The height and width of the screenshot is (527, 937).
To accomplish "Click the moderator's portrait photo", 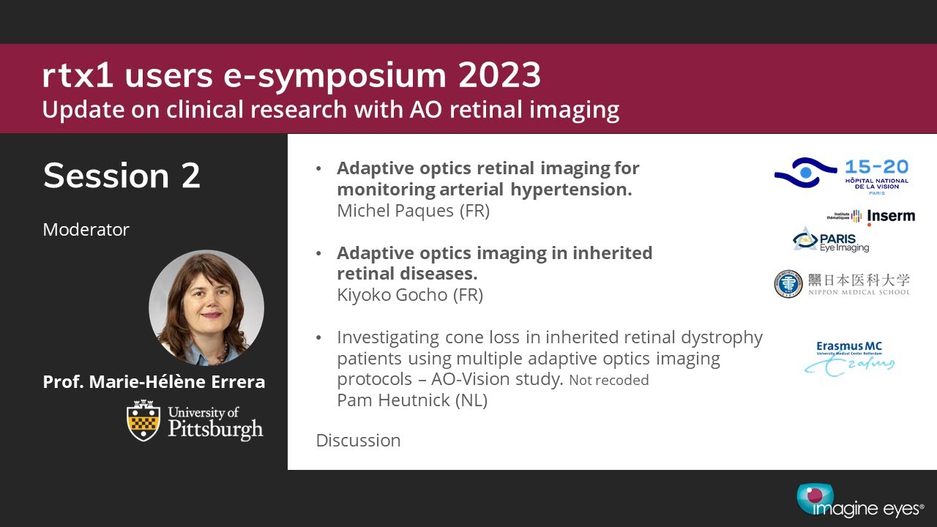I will tap(206, 307).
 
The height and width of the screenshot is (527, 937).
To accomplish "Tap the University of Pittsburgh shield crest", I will tap(143, 420).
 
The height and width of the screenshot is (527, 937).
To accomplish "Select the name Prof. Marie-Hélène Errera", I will tap(154, 382).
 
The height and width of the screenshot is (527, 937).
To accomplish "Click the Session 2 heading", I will tap(122, 176).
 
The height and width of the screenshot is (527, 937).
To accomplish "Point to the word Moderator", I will tap(86, 230).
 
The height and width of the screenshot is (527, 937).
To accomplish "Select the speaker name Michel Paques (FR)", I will tap(413, 211).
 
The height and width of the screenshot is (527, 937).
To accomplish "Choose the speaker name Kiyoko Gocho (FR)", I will tap(410, 295).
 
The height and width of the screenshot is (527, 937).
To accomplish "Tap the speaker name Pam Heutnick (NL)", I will tap(412, 400).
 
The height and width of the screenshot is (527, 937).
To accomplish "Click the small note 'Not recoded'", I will tap(609, 381).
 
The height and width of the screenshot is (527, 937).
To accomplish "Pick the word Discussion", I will tap(358, 441).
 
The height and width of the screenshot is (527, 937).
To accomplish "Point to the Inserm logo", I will tap(871, 216).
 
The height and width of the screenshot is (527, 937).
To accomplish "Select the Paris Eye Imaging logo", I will tap(831, 240).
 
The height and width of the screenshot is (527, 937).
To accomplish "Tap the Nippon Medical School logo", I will tap(842, 283).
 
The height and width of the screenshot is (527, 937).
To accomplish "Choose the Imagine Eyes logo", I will tap(860, 501).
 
